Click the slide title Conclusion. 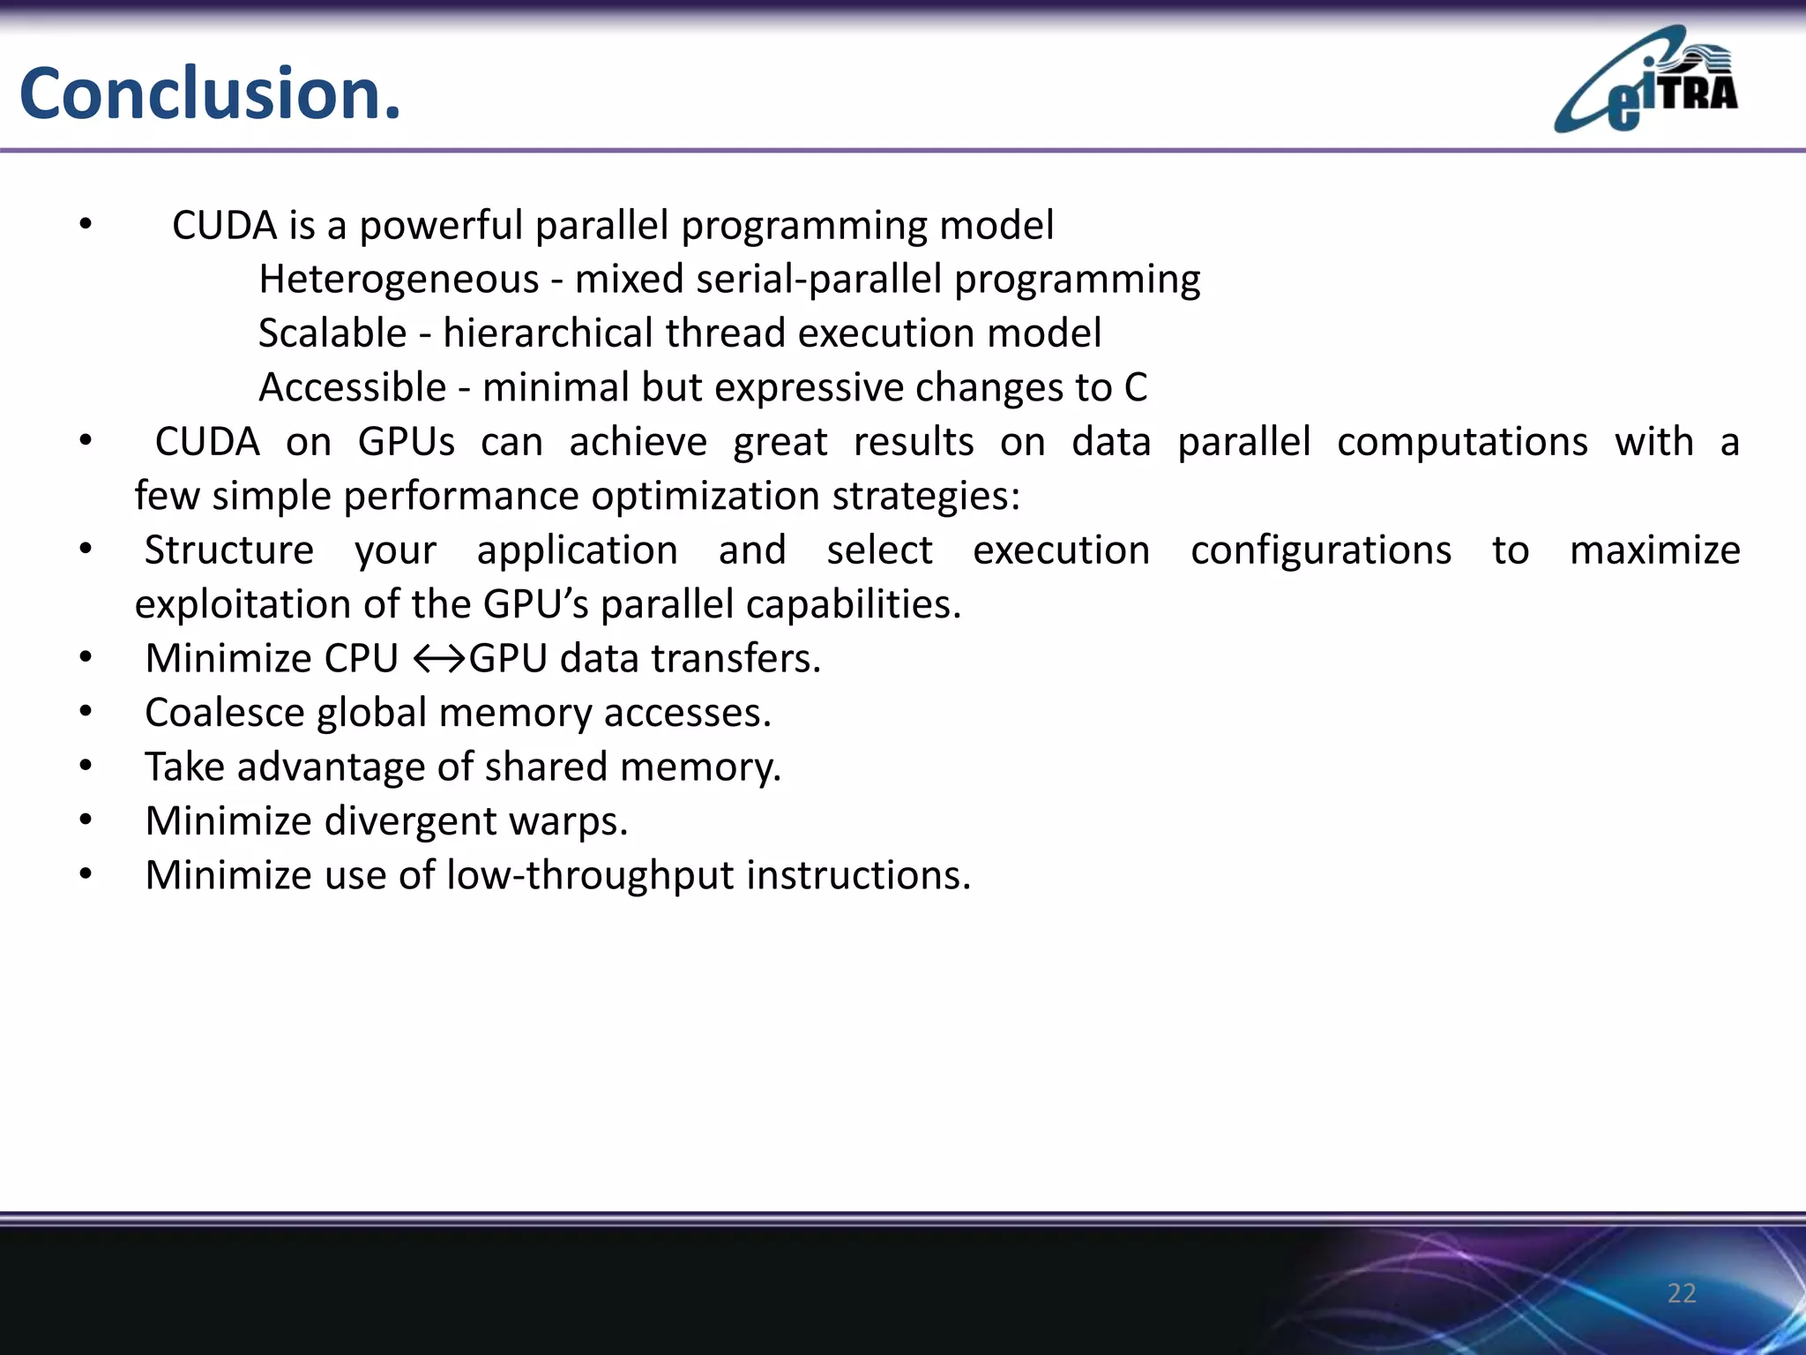210,94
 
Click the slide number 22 1681,1293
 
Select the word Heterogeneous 399,280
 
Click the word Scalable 332,333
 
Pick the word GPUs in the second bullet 406,442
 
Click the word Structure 229,550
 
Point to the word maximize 1654,550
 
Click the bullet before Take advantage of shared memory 86,766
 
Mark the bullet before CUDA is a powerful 86,225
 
